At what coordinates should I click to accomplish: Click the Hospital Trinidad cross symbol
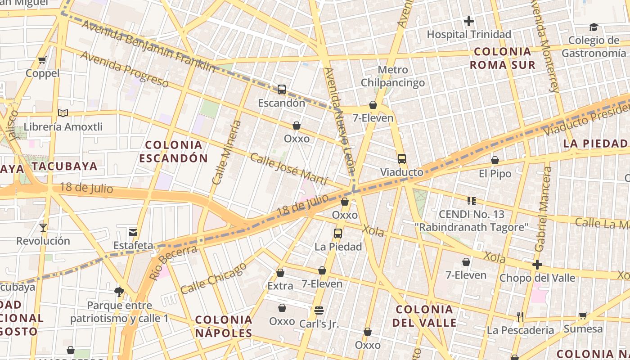pos(469,21)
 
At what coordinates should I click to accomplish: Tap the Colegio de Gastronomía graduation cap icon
pos(594,27)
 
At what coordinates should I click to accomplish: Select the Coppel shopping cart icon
pos(42,60)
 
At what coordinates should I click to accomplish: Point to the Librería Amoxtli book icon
pos(63,113)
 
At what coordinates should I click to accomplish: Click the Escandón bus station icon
pos(282,89)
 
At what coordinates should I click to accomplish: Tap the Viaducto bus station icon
pos(401,158)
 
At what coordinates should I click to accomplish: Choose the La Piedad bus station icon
pos(338,233)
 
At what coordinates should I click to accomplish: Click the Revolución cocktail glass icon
pos(43,227)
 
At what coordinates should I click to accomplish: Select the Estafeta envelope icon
pos(133,232)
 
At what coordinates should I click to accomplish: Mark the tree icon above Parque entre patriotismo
pos(119,292)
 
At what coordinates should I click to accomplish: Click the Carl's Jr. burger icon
pos(319,310)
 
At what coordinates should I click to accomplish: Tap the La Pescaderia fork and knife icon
pos(520,316)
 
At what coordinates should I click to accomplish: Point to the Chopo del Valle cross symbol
pos(537,264)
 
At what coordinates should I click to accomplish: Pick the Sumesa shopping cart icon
pos(583,315)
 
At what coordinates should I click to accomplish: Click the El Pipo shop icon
pos(495,160)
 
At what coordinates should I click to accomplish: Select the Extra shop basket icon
pos(280,272)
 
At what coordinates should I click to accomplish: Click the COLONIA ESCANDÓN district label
pos(173,151)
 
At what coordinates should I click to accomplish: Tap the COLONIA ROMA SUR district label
pos(503,58)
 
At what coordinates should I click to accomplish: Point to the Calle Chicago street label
pos(214,278)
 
